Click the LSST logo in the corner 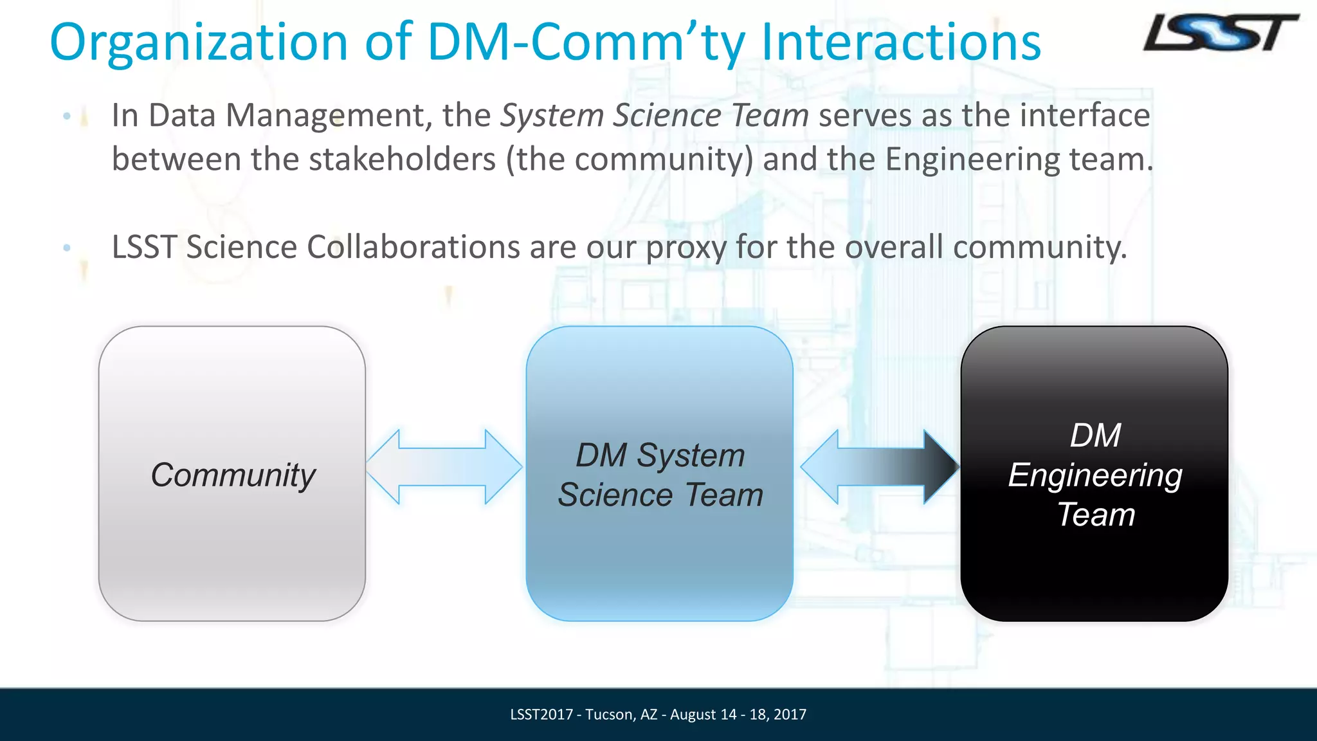click(1220, 33)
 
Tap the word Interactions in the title click(900, 42)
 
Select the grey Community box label click(233, 475)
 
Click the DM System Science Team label click(660, 475)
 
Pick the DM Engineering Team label click(1095, 475)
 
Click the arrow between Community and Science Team click(444, 467)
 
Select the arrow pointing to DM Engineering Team click(880, 467)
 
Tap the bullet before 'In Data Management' click(67, 116)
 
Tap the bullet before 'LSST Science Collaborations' click(67, 248)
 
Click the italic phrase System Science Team click(654, 116)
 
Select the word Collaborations click(413, 248)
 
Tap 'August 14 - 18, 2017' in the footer click(738, 715)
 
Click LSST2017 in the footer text click(541, 715)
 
